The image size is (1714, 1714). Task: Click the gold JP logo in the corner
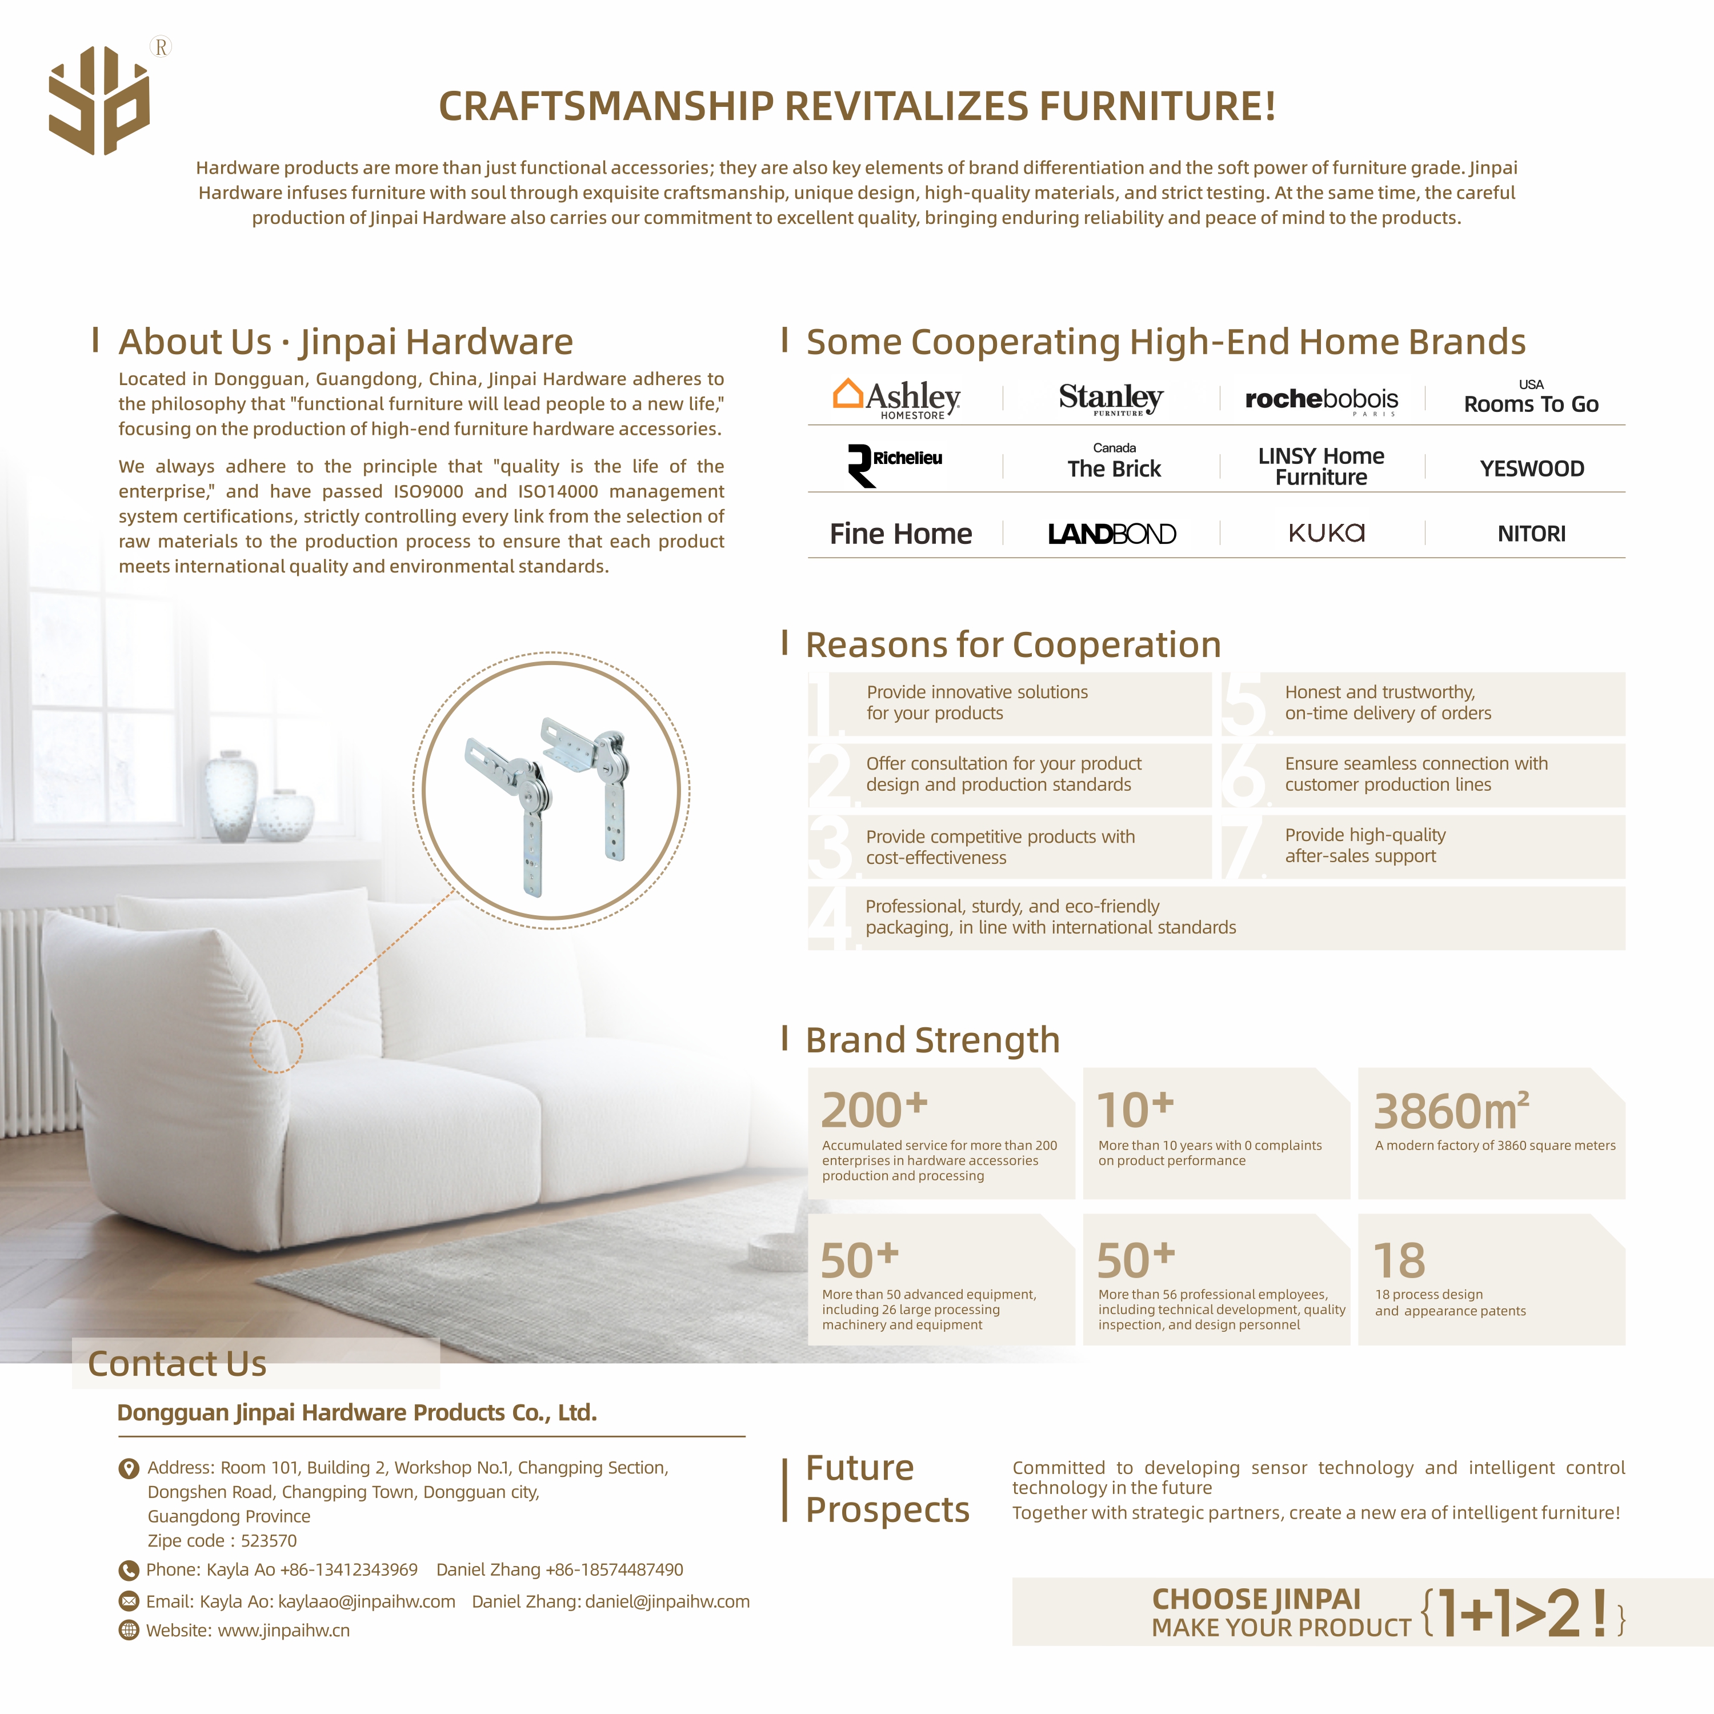point(99,100)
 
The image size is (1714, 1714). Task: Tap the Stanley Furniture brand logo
point(1111,398)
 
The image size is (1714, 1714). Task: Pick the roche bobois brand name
point(1321,399)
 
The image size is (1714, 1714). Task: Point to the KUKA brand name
point(1326,532)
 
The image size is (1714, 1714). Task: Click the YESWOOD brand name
point(1531,468)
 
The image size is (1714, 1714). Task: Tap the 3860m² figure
point(1451,1111)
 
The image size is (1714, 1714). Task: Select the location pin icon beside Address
point(129,1468)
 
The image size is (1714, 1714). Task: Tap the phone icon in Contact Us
point(129,1570)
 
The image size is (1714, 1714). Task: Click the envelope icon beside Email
point(129,1601)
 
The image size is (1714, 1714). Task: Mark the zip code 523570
point(269,1541)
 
